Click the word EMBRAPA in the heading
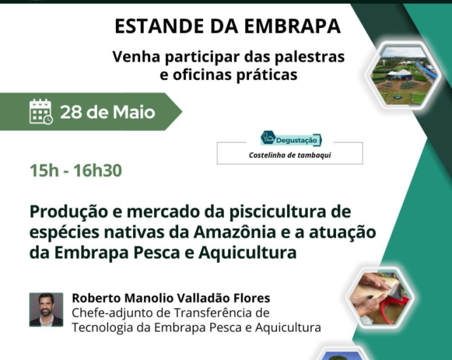click(292, 26)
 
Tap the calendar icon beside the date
click(41, 112)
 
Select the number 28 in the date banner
click(71, 112)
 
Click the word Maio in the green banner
click(134, 112)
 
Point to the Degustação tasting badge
click(291, 139)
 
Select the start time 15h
click(44, 170)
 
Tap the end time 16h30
click(98, 170)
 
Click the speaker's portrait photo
click(46, 310)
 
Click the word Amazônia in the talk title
click(235, 232)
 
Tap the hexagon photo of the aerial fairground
click(404, 75)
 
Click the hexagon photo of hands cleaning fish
click(381, 298)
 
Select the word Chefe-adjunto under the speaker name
click(113, 313)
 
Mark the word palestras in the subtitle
click(310, 57)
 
